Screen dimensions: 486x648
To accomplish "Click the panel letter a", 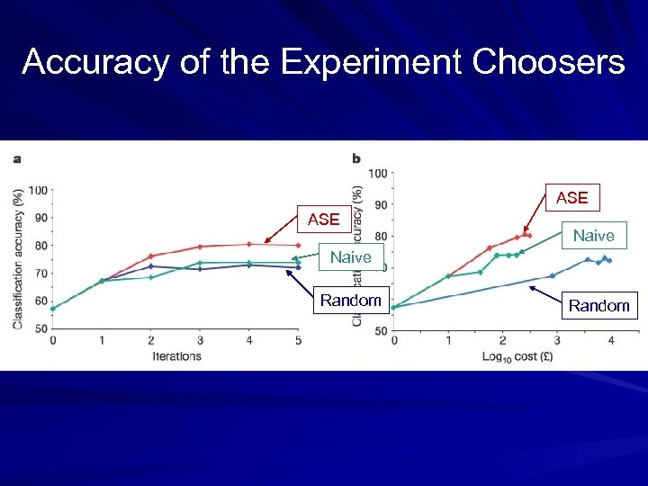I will tap(17, 159).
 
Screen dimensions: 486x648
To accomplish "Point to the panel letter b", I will tap(356, 159).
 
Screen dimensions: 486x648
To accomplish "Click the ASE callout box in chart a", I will tap(323, 219).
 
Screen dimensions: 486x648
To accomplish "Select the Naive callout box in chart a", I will tap(350, 257).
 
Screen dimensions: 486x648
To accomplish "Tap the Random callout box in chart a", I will tap(350, 300).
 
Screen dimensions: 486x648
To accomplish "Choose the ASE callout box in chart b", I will tap(571, 197).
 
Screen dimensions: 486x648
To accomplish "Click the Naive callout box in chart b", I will tap(593, 236).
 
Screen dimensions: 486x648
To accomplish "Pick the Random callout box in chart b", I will tap(598, 306).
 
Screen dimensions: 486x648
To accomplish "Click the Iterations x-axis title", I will tap(176, 356).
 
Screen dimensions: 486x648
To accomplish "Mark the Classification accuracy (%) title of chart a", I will tap(18, 259).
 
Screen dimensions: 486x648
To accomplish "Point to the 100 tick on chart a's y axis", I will tap(38, 190).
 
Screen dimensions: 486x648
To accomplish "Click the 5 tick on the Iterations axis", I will tap(298, 341).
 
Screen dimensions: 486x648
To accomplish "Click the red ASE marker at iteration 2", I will tap(151, 256).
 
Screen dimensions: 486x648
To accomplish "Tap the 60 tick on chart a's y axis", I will tap(40, 301).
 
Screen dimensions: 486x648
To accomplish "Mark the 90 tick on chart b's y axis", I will tap(381, 204).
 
